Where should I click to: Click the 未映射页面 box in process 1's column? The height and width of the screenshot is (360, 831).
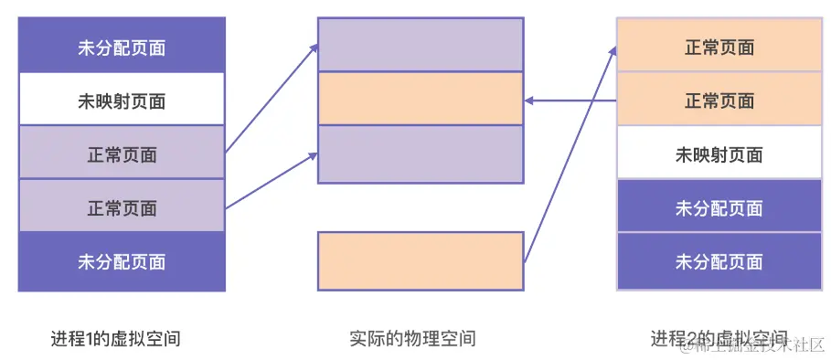click(122, 99)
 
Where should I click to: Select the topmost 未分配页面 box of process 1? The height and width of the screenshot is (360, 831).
click(122, 46)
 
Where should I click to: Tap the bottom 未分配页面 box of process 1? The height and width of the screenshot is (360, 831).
click(122, 262)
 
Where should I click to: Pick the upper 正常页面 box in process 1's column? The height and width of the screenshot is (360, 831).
click(122, 154)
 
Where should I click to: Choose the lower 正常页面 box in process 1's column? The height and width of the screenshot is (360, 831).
click(122, 207)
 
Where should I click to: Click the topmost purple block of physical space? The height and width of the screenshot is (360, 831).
click(421, 45)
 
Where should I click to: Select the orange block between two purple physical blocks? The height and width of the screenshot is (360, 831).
click(421, 99)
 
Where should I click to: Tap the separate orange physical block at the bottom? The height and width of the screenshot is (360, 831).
click(421, 261)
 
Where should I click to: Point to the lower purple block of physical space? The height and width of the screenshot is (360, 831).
click(421, 154)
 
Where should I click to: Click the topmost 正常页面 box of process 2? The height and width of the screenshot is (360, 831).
click(719, 46)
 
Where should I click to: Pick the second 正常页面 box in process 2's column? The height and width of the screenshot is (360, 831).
click(719, 100)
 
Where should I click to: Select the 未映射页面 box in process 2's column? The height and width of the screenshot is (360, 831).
click(719, 154)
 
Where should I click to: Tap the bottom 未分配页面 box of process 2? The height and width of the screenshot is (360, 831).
click(719, 262)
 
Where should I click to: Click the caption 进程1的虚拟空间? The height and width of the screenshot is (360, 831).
click(115, 339)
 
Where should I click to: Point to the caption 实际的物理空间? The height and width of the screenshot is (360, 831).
click(412, 339)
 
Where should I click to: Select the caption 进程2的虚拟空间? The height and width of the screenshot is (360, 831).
click(719, 339)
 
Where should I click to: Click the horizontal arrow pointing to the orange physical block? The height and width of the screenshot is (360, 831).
click(570, 100)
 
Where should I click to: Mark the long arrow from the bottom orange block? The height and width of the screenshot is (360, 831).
click(570, 155)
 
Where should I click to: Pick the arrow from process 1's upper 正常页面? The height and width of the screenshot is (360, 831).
click(271, 99)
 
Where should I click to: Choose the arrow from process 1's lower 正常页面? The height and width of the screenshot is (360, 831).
click(271, 182)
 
